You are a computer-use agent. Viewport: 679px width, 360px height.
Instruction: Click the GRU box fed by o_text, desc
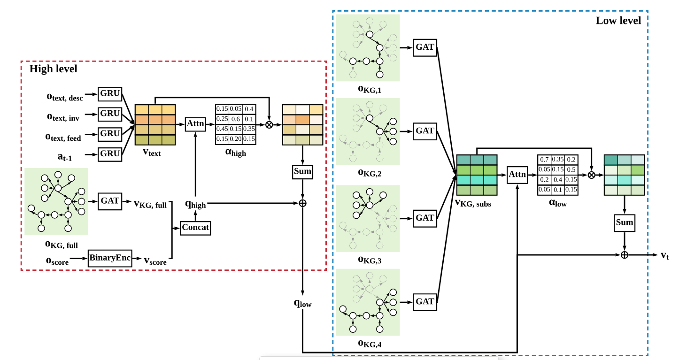[110, 93]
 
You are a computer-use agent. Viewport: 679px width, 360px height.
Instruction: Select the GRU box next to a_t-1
[110, 153]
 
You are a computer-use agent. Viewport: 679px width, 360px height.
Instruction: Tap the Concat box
[195, 228]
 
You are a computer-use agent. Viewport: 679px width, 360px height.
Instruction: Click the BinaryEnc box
[110, 258]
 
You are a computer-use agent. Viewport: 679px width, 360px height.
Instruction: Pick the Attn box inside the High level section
[195, 124]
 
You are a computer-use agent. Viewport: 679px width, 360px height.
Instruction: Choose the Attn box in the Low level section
[517, 175]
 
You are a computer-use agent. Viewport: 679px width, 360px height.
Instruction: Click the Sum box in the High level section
[302, 171]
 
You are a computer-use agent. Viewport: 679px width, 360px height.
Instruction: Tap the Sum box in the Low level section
[624, 222]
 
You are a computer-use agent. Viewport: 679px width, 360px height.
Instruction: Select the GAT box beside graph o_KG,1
[425, 47]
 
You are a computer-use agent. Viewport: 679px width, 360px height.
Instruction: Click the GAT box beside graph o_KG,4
[425, 301]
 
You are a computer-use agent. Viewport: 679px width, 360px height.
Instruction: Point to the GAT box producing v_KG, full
[110, 201]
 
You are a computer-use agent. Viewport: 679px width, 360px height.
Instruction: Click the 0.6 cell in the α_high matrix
[235, 119]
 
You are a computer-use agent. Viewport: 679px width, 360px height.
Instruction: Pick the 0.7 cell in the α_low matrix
[544, 160]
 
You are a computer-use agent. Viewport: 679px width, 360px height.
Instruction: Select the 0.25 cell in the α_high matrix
[222, 119]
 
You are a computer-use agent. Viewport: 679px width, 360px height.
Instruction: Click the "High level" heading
[53, 69]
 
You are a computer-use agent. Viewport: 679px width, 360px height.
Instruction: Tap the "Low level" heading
[618, 21]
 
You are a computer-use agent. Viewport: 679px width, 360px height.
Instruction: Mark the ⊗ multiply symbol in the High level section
[269, 124]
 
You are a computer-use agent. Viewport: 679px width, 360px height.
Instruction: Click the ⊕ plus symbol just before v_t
[624, 255]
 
